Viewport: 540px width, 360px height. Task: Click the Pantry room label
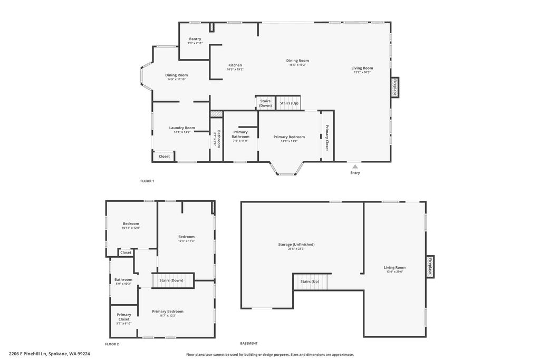[x=195, y=39]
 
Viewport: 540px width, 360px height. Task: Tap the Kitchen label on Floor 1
[x=235, y=65]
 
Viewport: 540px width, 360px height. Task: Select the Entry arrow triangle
[x=355, y=167]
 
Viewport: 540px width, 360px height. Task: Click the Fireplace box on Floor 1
[x=394, y=87]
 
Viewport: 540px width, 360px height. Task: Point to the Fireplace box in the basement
[x=430, y=267]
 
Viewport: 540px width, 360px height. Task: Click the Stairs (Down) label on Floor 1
[x=265, y=103]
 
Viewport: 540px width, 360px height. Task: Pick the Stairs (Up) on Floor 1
[x=289, y=103]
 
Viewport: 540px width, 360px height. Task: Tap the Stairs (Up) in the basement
[x=310, y=281]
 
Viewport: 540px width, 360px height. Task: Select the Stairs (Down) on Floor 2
[x=172, y=280]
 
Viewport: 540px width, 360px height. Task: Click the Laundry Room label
[x=182, y=128]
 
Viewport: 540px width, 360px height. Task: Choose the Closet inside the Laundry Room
[x=165, y=156]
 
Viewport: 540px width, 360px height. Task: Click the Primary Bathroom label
[x=240, y=134]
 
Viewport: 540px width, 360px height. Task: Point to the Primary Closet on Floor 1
[x=327, y=138]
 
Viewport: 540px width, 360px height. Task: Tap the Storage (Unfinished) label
[x=296, y=245]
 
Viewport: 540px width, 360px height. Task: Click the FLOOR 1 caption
[x=147, y=181]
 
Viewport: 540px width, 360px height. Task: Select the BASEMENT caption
[x=249, y=343]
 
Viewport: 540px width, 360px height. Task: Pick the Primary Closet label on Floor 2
[x=124, y=317]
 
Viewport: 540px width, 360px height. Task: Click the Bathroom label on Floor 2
[x=123, y=279]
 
